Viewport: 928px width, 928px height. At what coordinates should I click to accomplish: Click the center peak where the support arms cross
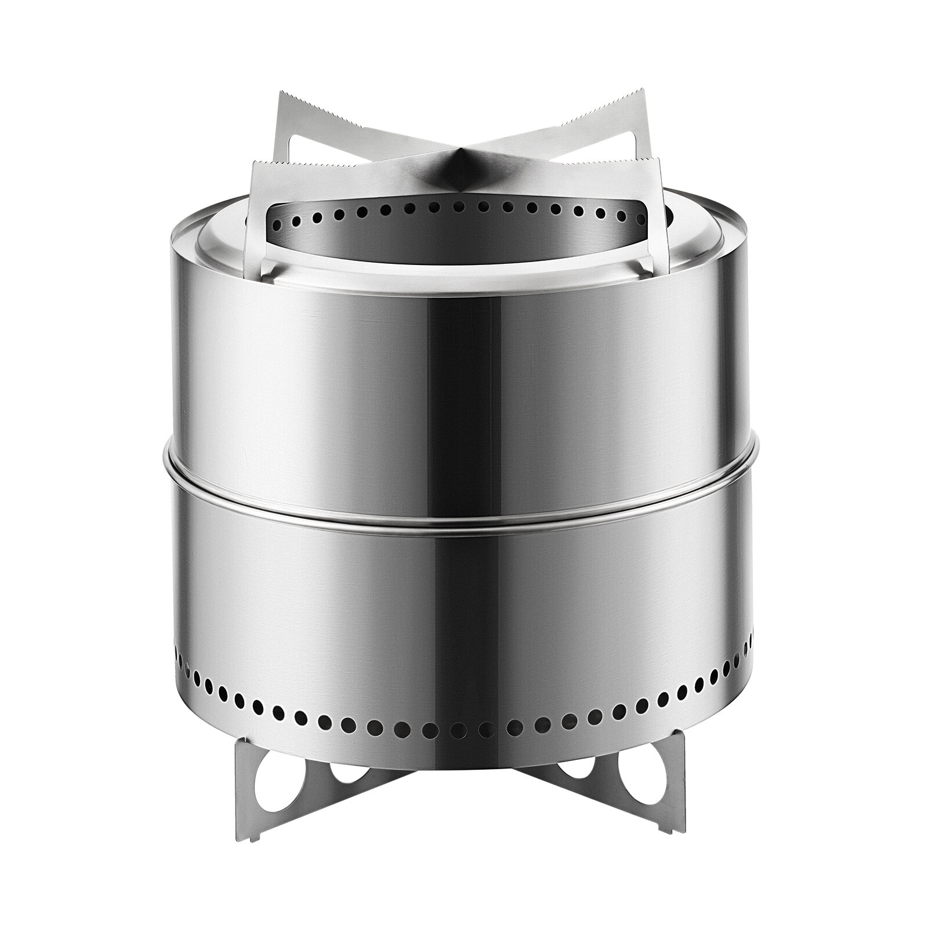(x=458, y=168)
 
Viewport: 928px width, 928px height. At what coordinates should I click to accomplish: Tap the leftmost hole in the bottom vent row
(x=177, y=643)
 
